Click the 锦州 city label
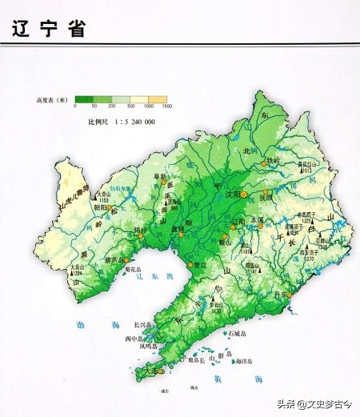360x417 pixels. click(119, 230)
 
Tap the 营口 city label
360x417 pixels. click(202, 263)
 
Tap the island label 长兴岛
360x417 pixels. click(142, 325)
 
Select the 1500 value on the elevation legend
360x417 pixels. click(166, 107)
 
